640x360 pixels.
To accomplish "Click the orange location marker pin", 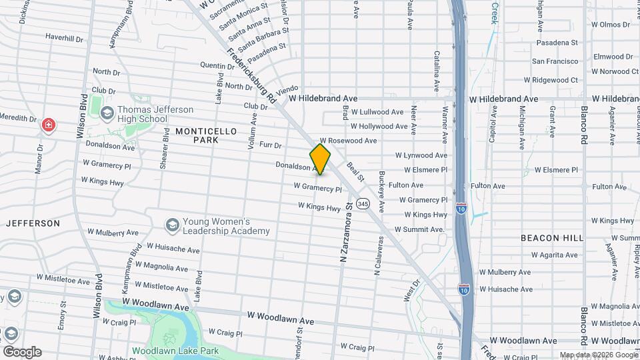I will point(321,159).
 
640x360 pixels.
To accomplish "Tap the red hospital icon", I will point(48,125).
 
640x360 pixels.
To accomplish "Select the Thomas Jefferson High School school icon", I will point(107,114).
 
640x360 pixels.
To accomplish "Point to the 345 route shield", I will point(363,203).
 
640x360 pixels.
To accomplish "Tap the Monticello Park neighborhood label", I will point(206,136).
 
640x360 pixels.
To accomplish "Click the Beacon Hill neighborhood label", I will point(552,237).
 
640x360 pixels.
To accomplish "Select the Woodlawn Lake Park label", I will point(175,351).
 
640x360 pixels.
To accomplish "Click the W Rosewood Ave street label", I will point(348,141).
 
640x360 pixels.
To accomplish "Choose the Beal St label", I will point(355,172).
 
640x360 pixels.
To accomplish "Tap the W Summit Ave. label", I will point(419,229).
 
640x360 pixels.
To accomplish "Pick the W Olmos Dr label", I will point(605,25).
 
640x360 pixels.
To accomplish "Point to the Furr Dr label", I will point(271,145).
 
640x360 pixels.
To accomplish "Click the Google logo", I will point(22,352).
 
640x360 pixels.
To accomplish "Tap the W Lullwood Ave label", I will point(377,112).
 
